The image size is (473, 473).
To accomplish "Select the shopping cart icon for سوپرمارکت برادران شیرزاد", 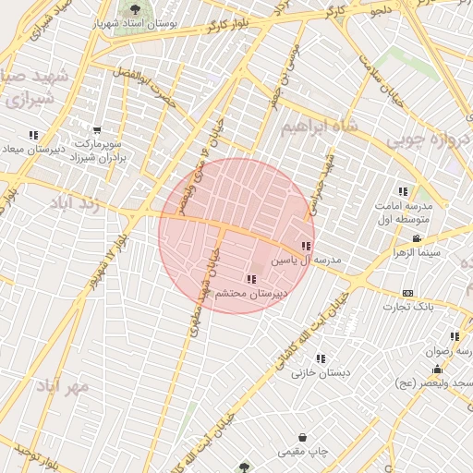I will pos(97,130).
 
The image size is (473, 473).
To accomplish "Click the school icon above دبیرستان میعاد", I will pos(34,135).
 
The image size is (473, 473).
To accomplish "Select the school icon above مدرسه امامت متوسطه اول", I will pos(402,190).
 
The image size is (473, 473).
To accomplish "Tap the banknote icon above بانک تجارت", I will pos(408,293).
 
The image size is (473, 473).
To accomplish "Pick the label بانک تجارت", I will pos(412,307).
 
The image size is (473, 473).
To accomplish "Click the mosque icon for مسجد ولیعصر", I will pos(437,369).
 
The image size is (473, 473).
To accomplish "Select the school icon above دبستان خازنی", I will pos(321,358).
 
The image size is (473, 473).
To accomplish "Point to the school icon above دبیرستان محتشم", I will pos(250,279).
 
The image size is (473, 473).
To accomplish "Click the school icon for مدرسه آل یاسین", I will pos(306,247).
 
